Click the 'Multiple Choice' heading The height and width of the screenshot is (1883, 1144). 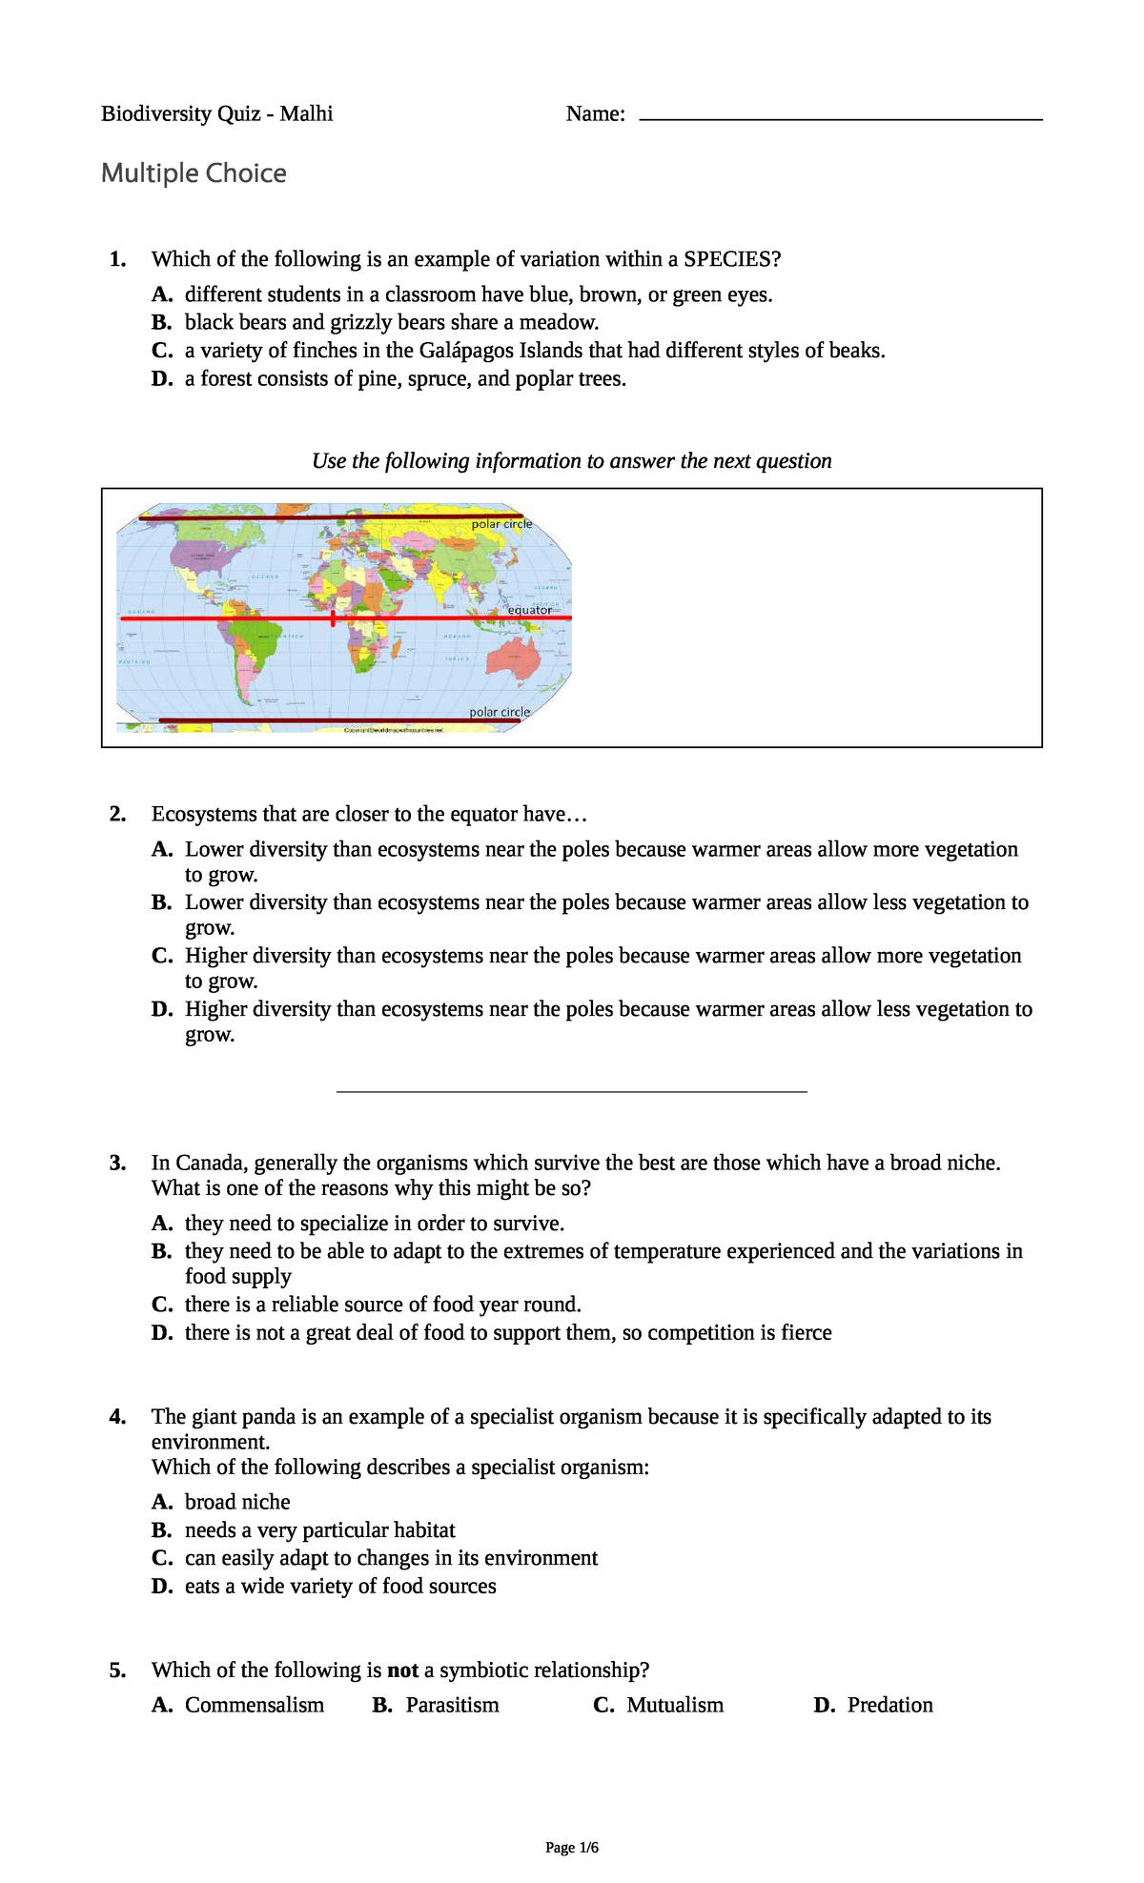(x=194, y=173)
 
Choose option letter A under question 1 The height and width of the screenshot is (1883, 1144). (x=161, y=294)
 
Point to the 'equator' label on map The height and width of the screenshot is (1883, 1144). (x=529, y=610)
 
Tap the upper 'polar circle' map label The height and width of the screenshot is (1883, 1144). (x=501, y=524)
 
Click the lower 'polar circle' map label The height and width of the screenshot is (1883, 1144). (x=500, y=712)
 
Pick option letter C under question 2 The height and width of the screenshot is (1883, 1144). (x=161, y=956)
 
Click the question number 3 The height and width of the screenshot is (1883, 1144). (x=117, y=1163)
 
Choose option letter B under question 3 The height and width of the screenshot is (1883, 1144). (x=161, y=1251)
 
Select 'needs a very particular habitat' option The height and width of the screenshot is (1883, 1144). (x=319, y=1530)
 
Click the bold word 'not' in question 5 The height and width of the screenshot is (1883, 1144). (x=402, y=1670)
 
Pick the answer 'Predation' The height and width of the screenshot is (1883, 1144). (x=889, y=1706)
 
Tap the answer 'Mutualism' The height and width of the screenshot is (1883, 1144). (x=674, y=1706)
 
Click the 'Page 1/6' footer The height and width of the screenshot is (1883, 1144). (x=572, y=1848)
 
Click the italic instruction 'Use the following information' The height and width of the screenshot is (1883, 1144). (x=571, y=461)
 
